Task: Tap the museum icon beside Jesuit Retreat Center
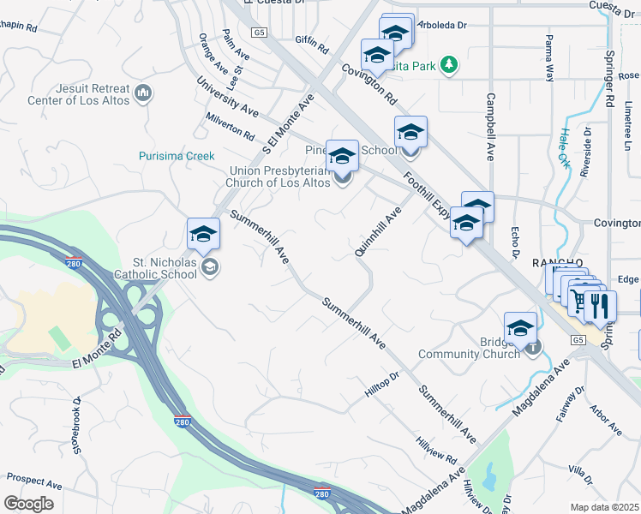(143, 91)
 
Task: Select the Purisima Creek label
(177, 156)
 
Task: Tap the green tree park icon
(447, 64)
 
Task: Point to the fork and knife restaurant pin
(599, 305)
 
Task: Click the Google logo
(28, 504)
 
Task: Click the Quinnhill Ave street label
(378, 231)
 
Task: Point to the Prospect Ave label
(34, 479)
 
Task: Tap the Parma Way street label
(549, 58)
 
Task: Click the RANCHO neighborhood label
(557, 263)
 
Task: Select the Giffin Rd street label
(312, 45)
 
